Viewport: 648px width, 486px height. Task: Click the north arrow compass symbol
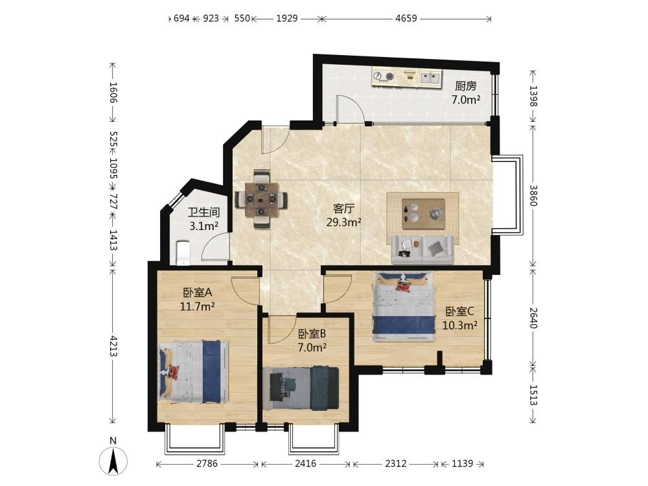(113, 460)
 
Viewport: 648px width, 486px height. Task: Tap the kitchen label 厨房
(465, 86)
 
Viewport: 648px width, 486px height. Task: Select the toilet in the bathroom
(183, 252)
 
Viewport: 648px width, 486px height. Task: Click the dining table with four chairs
(260, 199)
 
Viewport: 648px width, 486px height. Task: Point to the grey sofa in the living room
(422, 249)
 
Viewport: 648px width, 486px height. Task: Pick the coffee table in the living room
(423, 214)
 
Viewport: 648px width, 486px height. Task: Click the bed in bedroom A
(194, 371)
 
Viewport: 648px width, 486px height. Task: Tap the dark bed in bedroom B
(301, 388)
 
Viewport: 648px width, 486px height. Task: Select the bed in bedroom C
(404, 306)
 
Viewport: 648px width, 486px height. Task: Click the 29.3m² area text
(344, 222)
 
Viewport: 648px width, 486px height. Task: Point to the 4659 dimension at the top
(406, 18)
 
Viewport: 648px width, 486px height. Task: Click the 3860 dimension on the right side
(533, 196)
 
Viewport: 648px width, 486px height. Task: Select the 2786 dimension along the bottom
(207, 463)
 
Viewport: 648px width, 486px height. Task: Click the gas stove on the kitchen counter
(384, 76)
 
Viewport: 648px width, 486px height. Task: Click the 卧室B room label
(312, 334)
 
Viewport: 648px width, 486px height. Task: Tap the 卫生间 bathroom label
(203, 213)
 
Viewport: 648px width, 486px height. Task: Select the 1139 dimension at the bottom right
(462, 463)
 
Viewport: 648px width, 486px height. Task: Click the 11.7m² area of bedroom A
(197, 307)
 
